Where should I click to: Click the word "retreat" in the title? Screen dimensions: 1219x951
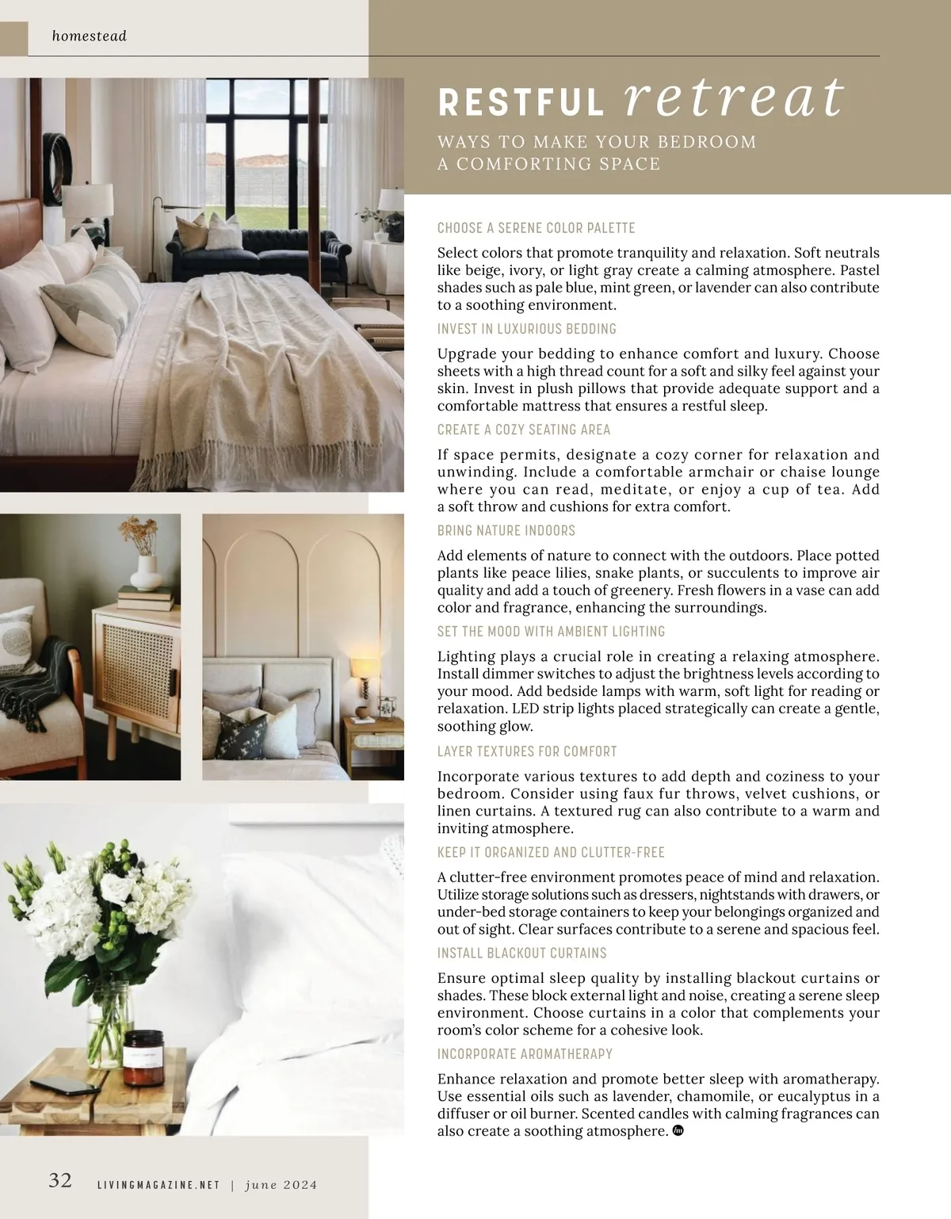735,98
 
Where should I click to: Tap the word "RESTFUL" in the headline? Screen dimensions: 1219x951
521,103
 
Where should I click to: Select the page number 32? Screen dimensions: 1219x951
60,1180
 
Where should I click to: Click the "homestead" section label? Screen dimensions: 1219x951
89,36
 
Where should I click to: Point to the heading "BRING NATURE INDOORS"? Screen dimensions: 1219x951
506,530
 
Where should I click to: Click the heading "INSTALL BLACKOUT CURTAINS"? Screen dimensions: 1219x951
522,953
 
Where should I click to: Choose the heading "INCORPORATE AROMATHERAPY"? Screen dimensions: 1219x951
525,1054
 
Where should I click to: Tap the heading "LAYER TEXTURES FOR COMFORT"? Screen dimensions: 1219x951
527,751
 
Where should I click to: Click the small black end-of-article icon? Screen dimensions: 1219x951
678,1131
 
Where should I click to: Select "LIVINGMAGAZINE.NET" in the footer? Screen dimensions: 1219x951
157,1185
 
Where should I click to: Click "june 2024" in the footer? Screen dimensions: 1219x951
281,1185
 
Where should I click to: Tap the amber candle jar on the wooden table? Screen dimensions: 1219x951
143,1058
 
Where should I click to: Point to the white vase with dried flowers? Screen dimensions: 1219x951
144,570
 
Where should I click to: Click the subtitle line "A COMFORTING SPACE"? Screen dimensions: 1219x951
548,164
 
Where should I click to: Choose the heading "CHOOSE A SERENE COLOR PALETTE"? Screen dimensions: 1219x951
536,228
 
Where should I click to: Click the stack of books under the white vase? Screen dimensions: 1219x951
146,597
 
